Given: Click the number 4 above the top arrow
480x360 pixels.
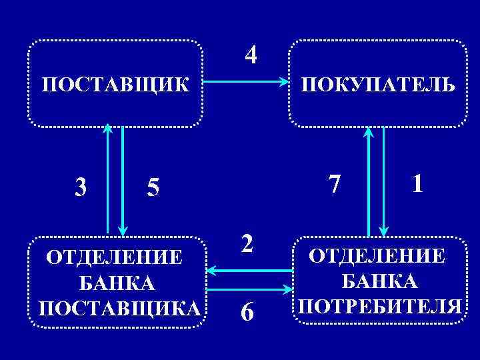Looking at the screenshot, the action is click(x=250, y=55).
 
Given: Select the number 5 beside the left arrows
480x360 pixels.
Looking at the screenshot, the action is click(x=153, y=189).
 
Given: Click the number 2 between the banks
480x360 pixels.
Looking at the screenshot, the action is click(x=247, y=243).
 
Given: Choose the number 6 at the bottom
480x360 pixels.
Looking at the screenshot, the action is click(x=247, y=311).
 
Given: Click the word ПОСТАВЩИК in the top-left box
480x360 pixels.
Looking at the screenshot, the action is click(x=115, y=85).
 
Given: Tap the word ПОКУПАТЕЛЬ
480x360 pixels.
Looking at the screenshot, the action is click(x=378, y=85).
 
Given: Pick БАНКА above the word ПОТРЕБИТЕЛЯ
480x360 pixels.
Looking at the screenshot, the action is click(x=380, y=281).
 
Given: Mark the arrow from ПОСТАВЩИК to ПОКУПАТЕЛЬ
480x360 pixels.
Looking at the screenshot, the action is click(x=245, y=83).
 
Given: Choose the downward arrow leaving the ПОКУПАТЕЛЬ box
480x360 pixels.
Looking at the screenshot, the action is click(x=384, y=180).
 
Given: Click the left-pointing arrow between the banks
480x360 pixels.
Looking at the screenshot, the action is click(x=250, y=270).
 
